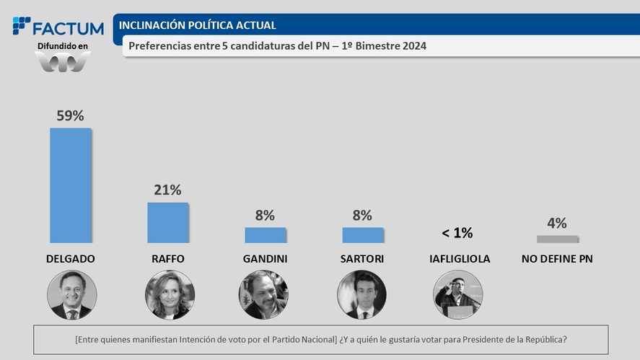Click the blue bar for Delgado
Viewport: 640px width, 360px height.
tap(71, 185)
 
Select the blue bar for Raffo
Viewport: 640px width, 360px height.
tap(167, 222)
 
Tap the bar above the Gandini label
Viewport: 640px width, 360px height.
tap(266, 234)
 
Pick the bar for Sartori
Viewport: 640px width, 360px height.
tap(363, 234)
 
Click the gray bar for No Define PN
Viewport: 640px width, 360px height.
tap(557, 239)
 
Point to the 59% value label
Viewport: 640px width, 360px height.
tap(71, 115)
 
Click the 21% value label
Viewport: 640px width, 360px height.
tap(167, 190)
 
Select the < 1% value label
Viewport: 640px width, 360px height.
tap(457, 233)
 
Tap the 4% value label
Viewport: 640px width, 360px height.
tap(557, 223)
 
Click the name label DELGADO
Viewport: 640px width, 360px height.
tap(71, 258)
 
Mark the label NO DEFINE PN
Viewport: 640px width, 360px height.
tap(557, 258)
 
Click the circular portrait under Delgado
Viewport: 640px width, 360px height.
tap(71, 295)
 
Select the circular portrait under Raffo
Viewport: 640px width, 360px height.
tap(170, 295)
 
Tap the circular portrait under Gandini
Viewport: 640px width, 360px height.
tap(263, 295)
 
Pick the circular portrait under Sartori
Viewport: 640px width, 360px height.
tap(361, 295)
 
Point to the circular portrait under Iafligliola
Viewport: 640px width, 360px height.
tap(457, 295)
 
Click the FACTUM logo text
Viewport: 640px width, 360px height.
tap(69, 29)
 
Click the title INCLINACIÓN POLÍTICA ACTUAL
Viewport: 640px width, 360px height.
tap(197, 25)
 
